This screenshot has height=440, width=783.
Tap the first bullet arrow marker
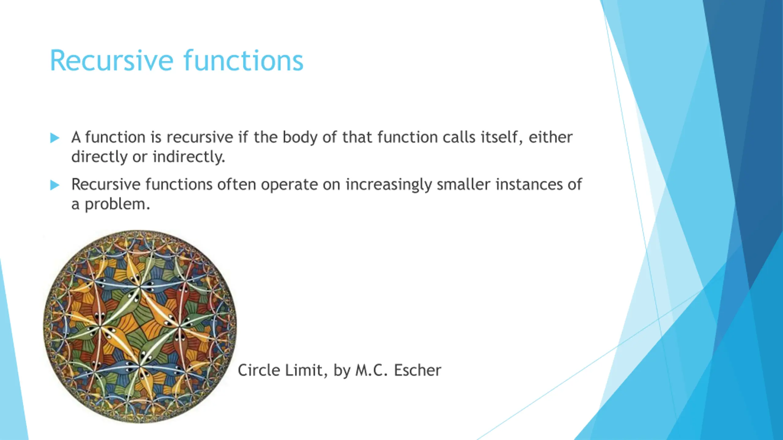pyautogui.click(x=55, y=138)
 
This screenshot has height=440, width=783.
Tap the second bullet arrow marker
pyautogui.click(x=55, y=185)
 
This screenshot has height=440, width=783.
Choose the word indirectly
pyautogui.click(x=189, y=157)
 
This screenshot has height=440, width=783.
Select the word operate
pyautogui.click(x=289, y=185)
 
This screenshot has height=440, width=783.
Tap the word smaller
pyautogui.click(x=463, y=184)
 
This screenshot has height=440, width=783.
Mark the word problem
pyautogui.click(x=117, y=204)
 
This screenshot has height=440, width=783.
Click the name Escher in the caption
pyautogui.click(x=417, y=370)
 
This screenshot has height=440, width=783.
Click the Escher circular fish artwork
pyautogui.click(x=140, y=326)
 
